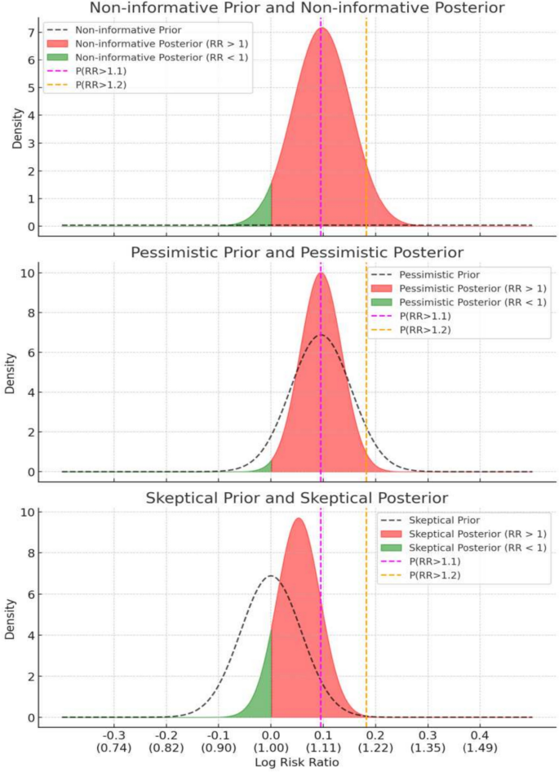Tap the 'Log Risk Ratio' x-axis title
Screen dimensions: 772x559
[297, 762]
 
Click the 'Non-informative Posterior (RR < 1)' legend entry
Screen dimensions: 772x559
[161, 57]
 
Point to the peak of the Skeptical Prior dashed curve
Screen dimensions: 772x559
[271, 576]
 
